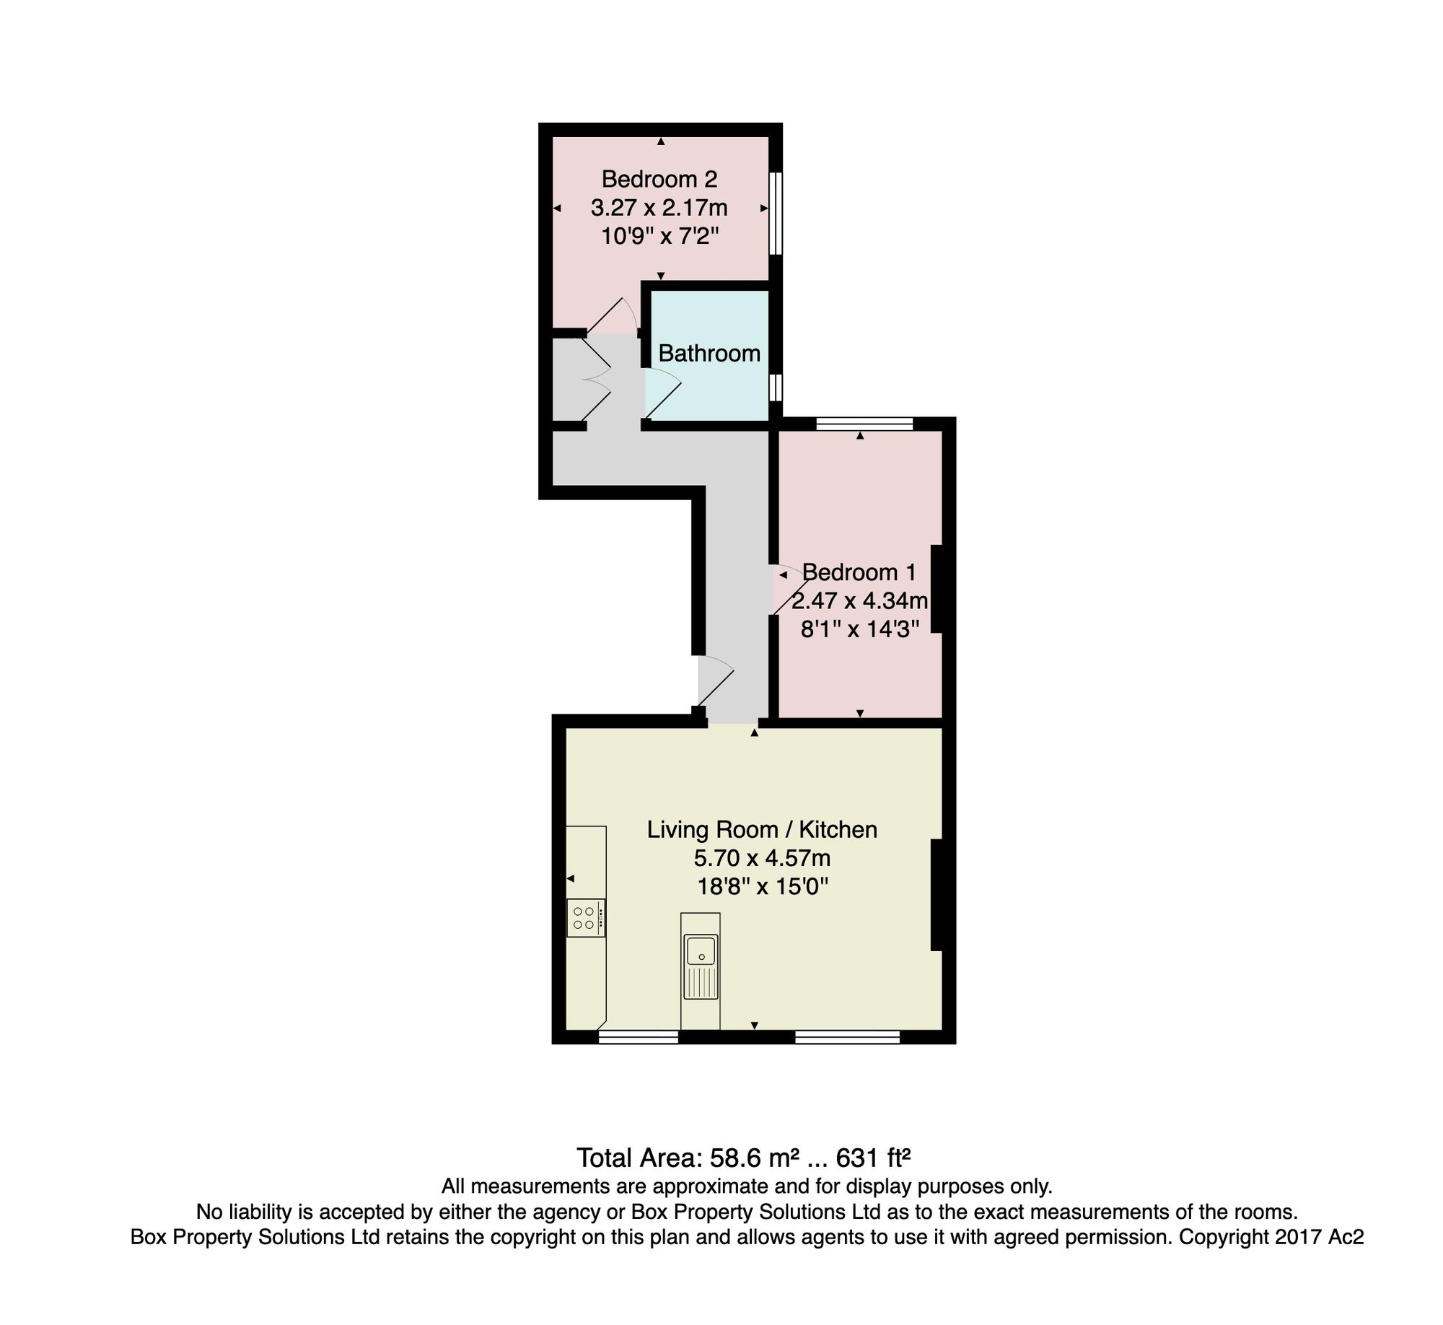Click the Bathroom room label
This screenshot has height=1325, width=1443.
coord(709,353)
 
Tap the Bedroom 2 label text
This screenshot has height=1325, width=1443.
coord(659,178)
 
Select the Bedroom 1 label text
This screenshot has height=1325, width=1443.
coord(859,572)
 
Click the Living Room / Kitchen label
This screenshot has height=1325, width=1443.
coord(762,829)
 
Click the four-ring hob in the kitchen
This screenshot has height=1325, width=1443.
coord(586,918)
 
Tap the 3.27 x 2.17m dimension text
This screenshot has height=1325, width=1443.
coord(659,208)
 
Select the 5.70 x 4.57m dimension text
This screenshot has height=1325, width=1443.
coord(762,858)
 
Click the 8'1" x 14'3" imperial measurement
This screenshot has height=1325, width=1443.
coord(860,629)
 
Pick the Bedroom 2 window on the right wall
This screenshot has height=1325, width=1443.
coord(776,213)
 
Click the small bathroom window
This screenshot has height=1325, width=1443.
coord(776,387)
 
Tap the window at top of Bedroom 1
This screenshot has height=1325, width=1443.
coord(864,424)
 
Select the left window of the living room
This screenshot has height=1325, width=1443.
coord(639,1037)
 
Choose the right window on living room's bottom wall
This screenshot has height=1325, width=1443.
coord(848,1037)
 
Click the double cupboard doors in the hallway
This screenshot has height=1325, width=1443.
coord(597,378)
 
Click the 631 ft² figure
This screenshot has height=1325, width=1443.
coord(872,1158)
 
